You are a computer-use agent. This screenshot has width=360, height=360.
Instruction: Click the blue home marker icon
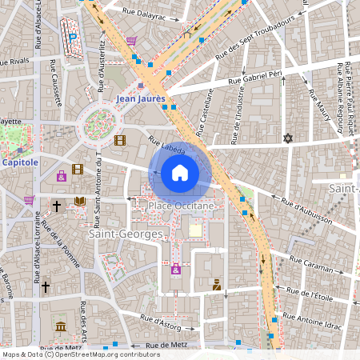180,173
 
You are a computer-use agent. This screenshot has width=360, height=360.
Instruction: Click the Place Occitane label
182,206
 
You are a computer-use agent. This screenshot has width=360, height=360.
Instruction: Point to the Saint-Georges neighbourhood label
126,234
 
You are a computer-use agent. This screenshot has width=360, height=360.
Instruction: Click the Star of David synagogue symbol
288,138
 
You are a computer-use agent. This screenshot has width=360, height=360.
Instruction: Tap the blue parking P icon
73,36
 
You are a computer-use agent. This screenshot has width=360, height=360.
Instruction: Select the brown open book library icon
79,202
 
